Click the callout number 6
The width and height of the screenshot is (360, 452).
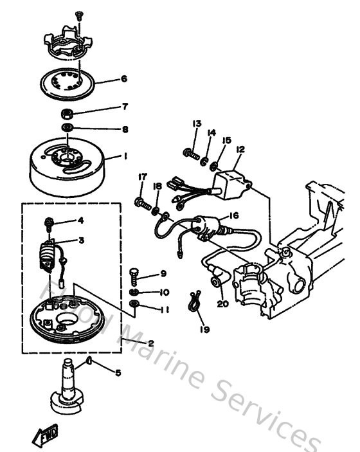[124, 80]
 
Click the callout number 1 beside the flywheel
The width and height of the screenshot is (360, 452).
[125, 156]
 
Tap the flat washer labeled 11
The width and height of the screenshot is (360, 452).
[134, 303]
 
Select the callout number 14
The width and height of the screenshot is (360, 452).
[211, 132]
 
